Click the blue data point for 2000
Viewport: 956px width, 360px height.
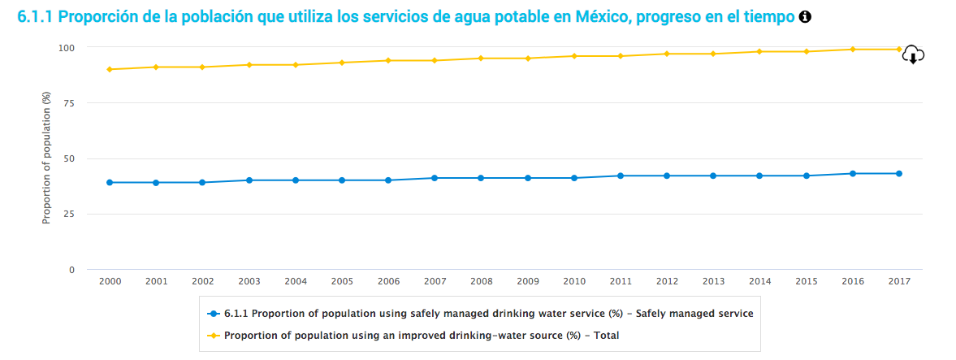tap(110, 182)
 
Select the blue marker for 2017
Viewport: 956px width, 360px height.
tap(899, 173)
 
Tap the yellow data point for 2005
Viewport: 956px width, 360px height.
tap(342, 63)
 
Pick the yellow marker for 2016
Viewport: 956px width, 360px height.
tap(853, 49)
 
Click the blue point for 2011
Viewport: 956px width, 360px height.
tap(621, 176)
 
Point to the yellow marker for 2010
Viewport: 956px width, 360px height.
tap(574, 56)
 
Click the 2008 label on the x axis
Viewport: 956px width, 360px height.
tap(482, 281)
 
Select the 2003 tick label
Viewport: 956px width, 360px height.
tap(249, 281)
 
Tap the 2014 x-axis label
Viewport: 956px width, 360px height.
tap(760, 281)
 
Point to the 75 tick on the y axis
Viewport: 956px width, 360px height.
tap(69, 103)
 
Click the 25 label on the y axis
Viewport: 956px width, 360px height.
tap(69, 215)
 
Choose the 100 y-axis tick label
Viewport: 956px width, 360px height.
tap(67, 48)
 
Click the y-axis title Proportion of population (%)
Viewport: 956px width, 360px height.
tap(47, 158)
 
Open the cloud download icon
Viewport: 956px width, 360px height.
tap(914, 55)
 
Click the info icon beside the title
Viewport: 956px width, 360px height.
tap(805, 17)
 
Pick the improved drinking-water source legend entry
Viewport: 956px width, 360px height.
tap(413, 335)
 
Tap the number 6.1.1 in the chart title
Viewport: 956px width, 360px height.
tap(35, 17)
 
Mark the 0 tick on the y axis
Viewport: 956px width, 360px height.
tap(72, 270)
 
